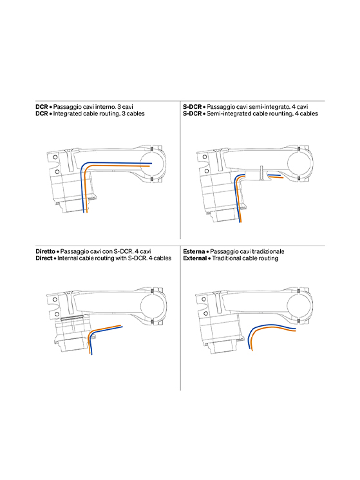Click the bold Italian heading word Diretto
(x=45, y=251)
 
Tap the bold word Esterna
(x=194, y=251)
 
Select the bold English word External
(x=195, y=258)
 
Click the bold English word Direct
(x=44, y=258)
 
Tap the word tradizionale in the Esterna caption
(x=269, y=251)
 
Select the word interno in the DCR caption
(x=105, y=107)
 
